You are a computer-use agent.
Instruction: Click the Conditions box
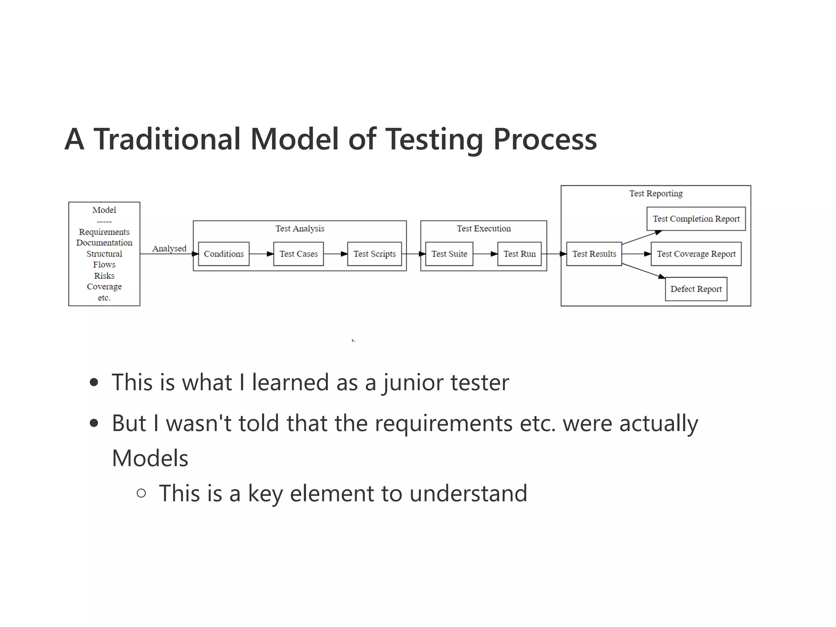(x=224, y=254)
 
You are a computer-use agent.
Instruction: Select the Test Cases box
(x=298, y=254)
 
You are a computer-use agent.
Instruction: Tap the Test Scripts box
(x=374, y=254)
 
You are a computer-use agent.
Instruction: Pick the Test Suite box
(x=449, y=254)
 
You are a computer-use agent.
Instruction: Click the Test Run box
(x=519, y=254)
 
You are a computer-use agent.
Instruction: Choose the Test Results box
(x=594, y=254)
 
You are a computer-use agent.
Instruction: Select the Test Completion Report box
(x=696, y=219)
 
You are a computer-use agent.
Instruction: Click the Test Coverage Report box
(x=696, y=254)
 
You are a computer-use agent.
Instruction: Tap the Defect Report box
(x=696, y=289)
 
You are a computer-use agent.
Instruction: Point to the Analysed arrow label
(x=169, y=248)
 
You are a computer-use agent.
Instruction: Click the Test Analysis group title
(x=300, y=229)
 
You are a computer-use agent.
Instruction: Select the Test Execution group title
(x=484, y=229)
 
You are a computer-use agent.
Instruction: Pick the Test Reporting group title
(x=656, y=193)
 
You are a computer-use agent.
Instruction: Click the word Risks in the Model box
(x=104, y=276)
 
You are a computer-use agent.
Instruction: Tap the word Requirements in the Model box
(x=104, y=232)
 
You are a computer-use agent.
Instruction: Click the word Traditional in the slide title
(x=167, y=139)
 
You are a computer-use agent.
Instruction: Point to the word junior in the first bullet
(x=413, y=383)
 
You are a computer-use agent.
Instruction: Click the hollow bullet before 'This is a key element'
(x=141, y=493)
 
